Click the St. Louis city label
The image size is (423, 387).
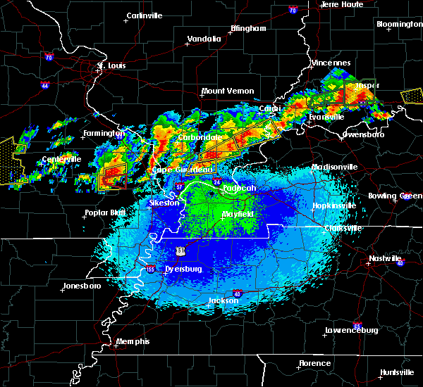click(111, 66)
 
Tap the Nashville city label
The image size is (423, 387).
click(385, 258)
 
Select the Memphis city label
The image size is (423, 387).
click(134, 341)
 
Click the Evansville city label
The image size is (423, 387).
click(326, 117)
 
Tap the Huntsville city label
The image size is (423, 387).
click(397, 372)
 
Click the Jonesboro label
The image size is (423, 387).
click(82, 286)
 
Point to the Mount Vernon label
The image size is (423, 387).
click(228, 91)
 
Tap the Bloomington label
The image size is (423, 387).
click(400, 24)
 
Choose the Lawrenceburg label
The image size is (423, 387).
click(352, 330)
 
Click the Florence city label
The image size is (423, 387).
click(314, 363)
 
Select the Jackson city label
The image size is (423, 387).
click(223, 300)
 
